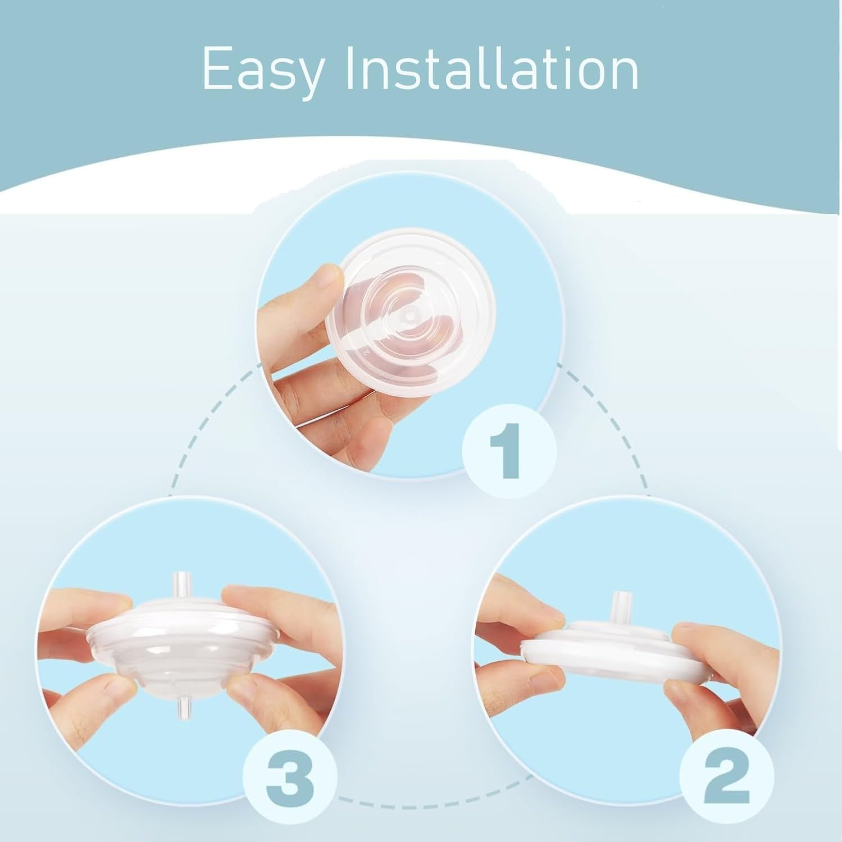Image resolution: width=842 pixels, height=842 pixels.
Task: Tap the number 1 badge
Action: pos(509,450)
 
